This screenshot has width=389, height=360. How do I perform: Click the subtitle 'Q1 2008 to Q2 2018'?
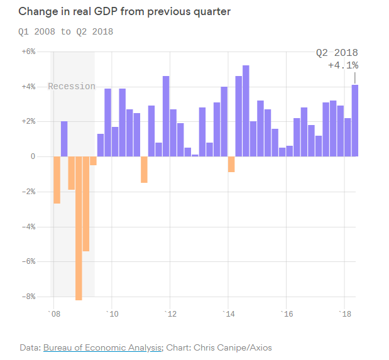(x=66, y=31)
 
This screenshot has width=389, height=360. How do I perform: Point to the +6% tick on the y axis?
(x=30, y=52)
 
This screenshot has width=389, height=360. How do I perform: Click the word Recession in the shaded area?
(x=72, y=86)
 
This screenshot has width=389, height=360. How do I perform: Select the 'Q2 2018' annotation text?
(x=337, y=53)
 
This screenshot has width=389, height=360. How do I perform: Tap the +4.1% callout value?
(x=343, y=65)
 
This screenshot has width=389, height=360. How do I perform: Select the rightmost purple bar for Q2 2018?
(x=355, y=121)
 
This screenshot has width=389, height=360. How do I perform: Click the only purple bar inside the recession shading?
(x=64, y=139)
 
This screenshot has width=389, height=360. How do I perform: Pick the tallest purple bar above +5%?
(x=246, y=111)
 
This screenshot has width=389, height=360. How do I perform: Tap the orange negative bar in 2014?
(x=231, y=164)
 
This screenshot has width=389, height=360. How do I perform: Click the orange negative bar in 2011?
(x=144, y=169)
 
